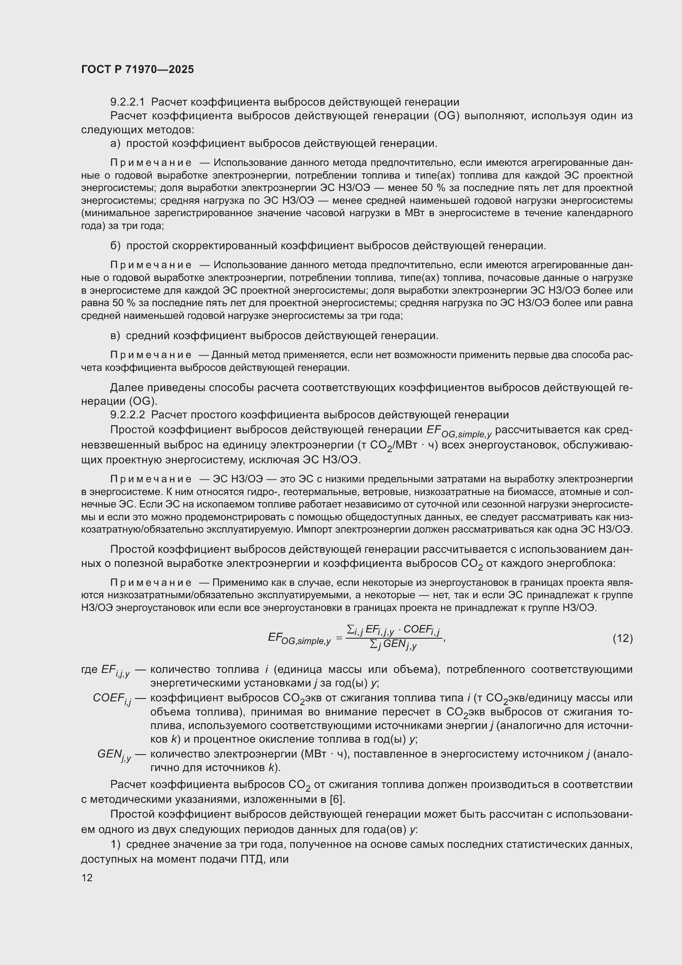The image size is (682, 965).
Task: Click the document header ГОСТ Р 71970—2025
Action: point(137,69)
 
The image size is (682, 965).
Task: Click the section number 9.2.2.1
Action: point(127,102)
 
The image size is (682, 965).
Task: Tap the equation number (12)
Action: point(622,638)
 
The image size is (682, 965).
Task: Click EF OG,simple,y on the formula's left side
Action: point(299,639)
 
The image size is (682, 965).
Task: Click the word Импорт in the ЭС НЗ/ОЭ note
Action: point(312,530)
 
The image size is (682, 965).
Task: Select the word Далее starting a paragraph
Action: point(126,387)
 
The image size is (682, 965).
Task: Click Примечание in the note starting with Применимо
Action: point(151,583)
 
